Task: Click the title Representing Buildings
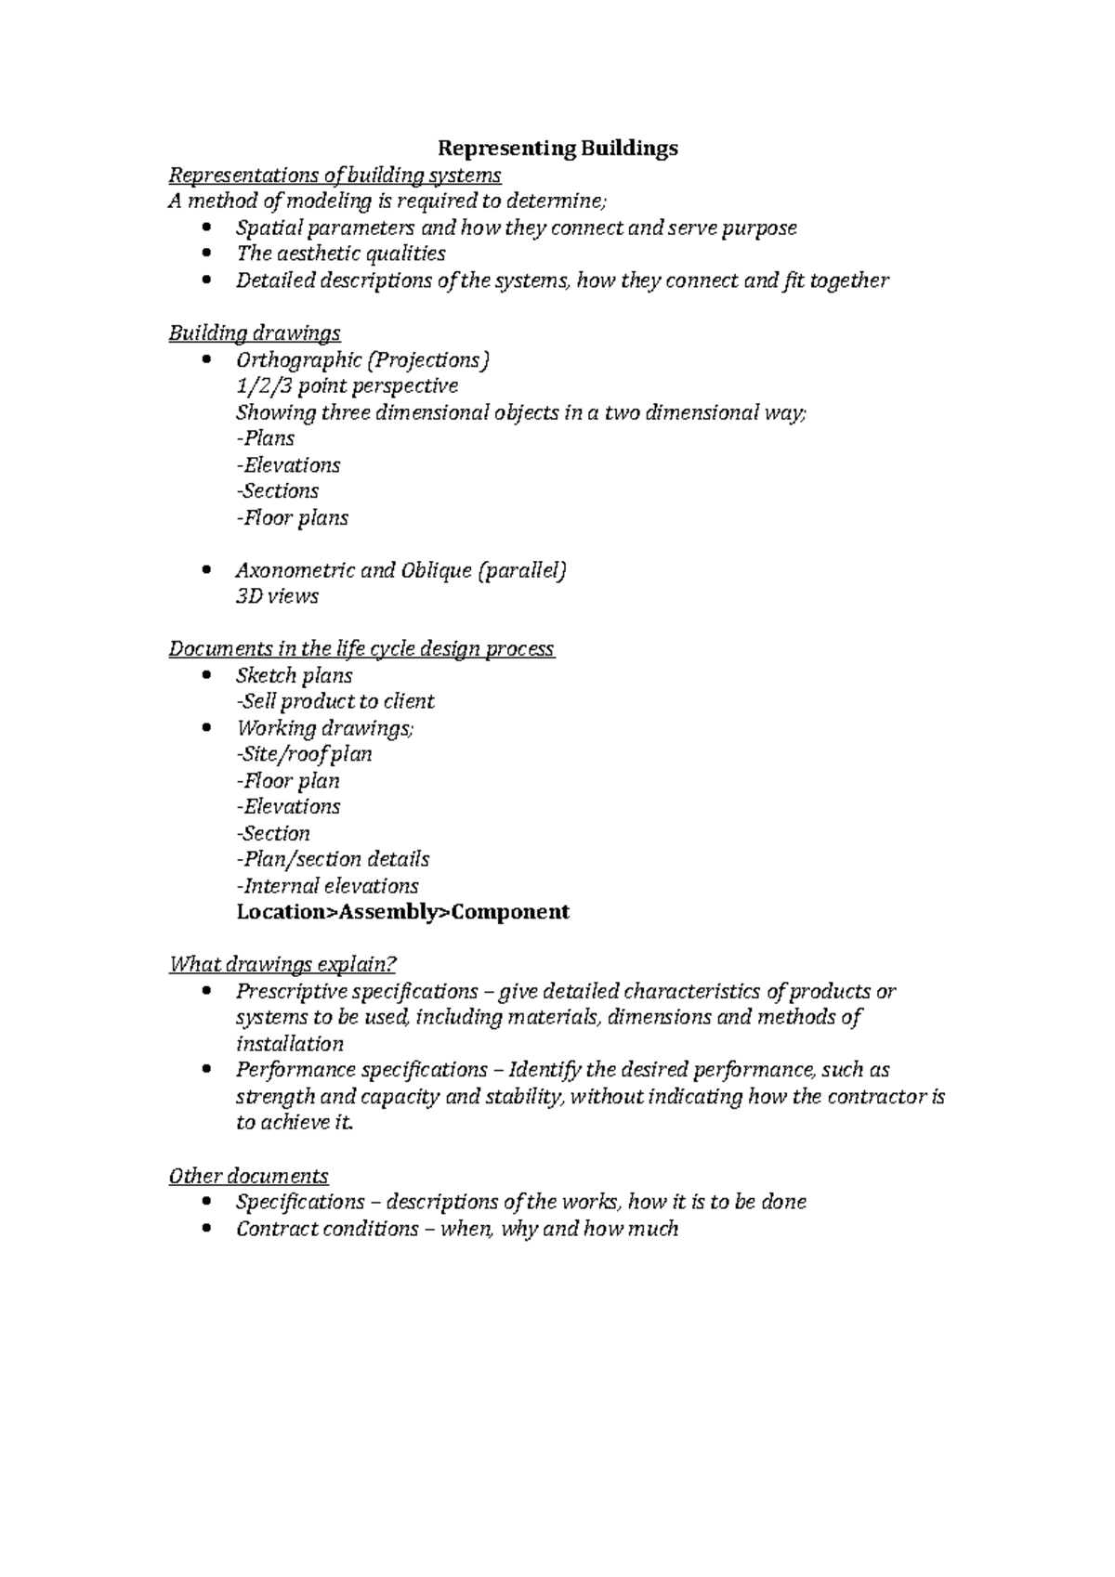(x=557, y=148)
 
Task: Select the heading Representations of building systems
(x=334, y=175)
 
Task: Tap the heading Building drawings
(x=254, y=332)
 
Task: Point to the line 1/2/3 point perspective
(x=347, y=385)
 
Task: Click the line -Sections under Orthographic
(x=277, y=490)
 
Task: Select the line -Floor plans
(x=292, y=517)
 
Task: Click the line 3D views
(x=277, y=596)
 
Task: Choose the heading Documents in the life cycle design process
(x=361, y=648)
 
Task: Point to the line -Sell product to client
(x=334, y=701)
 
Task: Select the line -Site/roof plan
(x=304, y=753)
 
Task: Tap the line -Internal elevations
(x=327, y=885)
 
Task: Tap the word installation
(x=289, y=1043)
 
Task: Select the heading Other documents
(x=248, y=1176)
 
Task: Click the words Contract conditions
(x=327, y=1229)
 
